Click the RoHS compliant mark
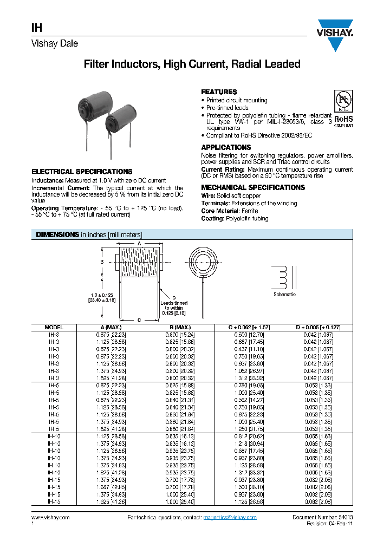[x=343, y=120]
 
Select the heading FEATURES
[x=219, y=92]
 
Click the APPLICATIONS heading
[x=226, y=147]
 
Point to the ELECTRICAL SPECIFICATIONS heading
[x=82, y=172]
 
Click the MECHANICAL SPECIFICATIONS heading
[x=253, y=187]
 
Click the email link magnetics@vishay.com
[x=230, y=518]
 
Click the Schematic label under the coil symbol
[x=285, y=295]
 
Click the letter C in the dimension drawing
[x=139, y=320]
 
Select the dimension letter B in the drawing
[x=101, y=262]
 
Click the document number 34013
[x=345, y=518]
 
